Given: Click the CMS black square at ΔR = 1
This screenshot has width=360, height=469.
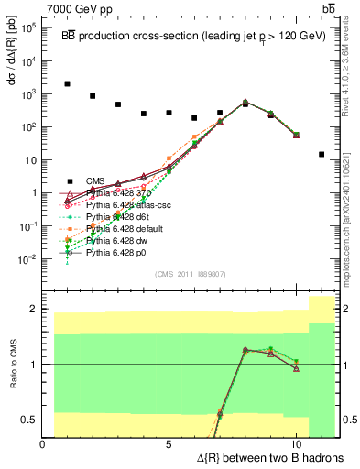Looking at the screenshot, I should tap(68, 83).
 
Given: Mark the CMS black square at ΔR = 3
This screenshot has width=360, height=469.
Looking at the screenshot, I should tap(118, 104).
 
